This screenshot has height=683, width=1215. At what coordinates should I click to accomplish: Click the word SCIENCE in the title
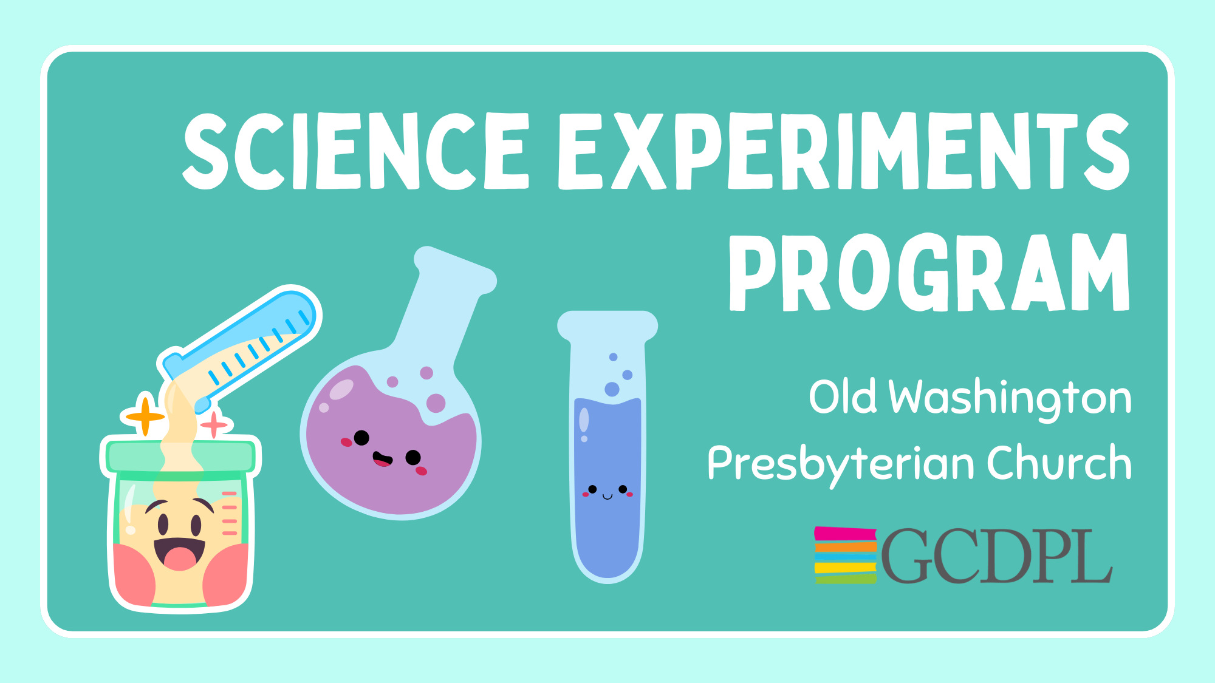click(356, 151)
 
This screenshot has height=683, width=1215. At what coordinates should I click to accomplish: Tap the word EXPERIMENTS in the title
click(844, 151)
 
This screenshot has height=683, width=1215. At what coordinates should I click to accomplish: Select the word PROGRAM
click(929, 273)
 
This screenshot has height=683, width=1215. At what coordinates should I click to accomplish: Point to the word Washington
click(1010, 399)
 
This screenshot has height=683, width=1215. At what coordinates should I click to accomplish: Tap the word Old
click(843, 396)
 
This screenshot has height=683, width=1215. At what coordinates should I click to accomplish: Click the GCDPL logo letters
click(996, 556)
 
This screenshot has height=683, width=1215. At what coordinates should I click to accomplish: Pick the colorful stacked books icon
click(846, 555)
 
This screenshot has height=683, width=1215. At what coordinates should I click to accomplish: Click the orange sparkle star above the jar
click(145, 416)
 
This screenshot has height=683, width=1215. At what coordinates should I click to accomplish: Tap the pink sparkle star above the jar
click(214, 424)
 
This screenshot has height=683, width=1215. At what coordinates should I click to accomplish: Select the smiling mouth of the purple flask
click(382, 459)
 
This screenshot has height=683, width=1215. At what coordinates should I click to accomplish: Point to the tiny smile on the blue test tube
click(607, 497)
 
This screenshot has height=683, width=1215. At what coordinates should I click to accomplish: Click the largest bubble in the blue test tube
click(612, 389)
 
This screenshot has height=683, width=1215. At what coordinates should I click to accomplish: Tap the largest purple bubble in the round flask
click(436, 403)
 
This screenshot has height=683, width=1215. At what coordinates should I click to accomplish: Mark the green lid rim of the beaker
click(181, 457)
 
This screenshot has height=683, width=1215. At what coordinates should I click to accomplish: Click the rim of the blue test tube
click(607, 325)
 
